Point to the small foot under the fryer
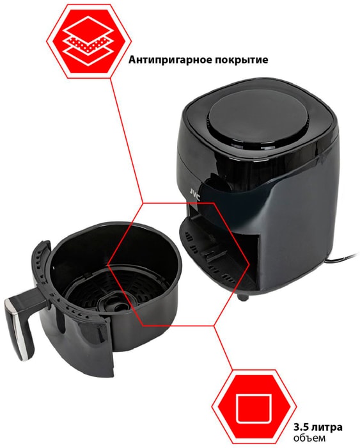[243, 297]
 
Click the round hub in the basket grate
[113, 304]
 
